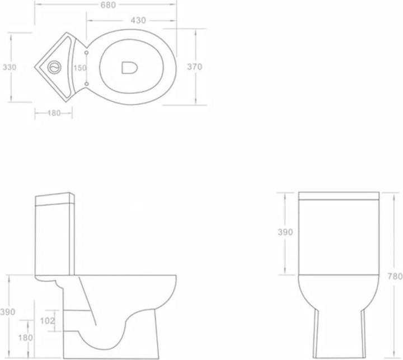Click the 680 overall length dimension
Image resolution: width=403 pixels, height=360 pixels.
click(108, 5)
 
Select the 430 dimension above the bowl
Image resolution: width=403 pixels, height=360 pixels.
click(138, 20)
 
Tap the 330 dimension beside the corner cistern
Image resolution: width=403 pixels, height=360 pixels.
click(10, 67)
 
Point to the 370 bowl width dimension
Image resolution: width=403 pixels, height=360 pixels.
click(195, 67)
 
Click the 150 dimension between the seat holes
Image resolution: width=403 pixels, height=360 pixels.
click(80, 68)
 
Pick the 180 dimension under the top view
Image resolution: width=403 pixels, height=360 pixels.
click(54, 113)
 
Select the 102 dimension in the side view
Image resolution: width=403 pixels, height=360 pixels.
click(48, 321)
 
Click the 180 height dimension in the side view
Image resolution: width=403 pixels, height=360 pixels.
click(25, 338)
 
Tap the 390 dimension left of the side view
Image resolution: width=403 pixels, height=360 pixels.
click(7, 312)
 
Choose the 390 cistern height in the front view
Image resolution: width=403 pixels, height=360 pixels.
click(285, 232)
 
